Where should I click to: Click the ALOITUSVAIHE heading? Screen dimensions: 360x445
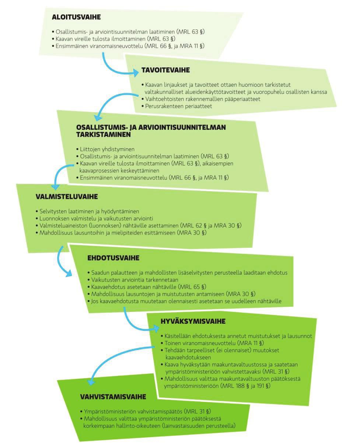pyautogui.click(x=76, y=17)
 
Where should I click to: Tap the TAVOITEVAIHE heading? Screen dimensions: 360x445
pyautogui.click(x=165, y=70)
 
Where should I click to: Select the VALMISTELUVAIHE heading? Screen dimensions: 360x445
pyautogui.click(x=67, y=197)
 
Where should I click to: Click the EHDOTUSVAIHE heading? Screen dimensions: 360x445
pyautogui.click(x=113, y=258)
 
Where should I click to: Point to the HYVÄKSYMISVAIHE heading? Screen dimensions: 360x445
pyautogui.click(x=193, y=321)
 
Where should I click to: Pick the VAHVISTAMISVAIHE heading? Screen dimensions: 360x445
pyautogui.click(x=113, y=397)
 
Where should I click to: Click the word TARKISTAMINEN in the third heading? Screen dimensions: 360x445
pyautogui.click(x=104, y=135)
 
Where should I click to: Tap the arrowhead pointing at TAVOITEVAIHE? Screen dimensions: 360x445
pyautogui.click(x=136, y=73)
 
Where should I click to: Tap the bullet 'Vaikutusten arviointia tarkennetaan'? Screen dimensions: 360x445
pyautogui.click(x=133, y=279)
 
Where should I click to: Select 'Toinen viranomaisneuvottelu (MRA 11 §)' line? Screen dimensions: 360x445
pyautogui.click(x=212, y=343)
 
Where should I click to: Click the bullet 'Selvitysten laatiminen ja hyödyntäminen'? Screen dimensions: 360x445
pyautogui.click(x=87, y=211)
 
